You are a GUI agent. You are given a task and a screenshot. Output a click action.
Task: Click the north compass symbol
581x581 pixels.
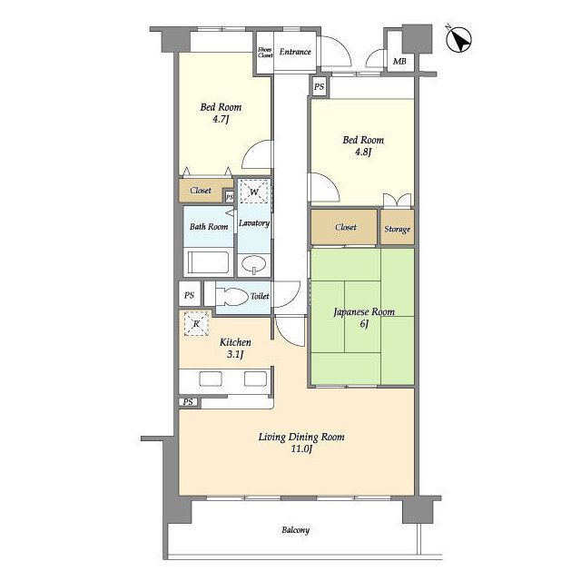[x=458, y=40]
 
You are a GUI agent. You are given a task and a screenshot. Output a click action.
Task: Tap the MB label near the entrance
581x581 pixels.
[x=399, y=61]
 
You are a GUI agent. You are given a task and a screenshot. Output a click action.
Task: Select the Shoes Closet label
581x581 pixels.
[x=265, y=53]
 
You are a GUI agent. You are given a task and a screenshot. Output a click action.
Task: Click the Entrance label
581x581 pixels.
[x=295, y=52]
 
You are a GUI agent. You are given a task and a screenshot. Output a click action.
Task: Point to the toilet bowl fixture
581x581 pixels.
[x=231, y=297]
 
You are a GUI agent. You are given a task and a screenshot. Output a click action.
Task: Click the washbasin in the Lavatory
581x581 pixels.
[x=254, y=264]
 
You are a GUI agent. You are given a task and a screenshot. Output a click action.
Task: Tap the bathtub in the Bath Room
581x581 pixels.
[x=208, y=262]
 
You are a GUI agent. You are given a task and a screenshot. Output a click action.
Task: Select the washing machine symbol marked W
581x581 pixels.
[x=254, y=192]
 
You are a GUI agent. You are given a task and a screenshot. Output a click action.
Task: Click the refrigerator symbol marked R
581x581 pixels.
[x=196, y=323]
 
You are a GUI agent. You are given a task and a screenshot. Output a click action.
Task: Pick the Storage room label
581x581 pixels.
[x=398, y=230]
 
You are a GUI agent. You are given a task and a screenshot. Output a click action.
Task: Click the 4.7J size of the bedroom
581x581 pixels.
[x=220, y=119]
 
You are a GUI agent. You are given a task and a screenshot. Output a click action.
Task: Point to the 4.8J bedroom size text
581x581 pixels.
[x=363, y=152]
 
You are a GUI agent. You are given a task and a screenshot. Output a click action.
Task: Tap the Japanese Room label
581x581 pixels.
[x=364, y=312]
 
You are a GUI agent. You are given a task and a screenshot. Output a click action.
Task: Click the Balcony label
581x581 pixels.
[x=295, y=530]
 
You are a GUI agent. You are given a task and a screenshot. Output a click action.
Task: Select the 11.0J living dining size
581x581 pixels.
[x=300, y=449]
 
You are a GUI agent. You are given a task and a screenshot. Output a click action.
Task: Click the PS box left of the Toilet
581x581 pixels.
[x=190, y=295]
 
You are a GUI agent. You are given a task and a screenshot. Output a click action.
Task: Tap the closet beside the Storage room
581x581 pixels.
[x=344, y=227]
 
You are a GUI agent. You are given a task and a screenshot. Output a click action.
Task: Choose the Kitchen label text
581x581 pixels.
[x=235, y=342]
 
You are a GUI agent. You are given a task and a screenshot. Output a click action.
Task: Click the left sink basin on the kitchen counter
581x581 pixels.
[x=211, y=379]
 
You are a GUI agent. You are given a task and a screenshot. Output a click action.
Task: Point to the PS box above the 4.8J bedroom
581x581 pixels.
[x=319, y=87]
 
